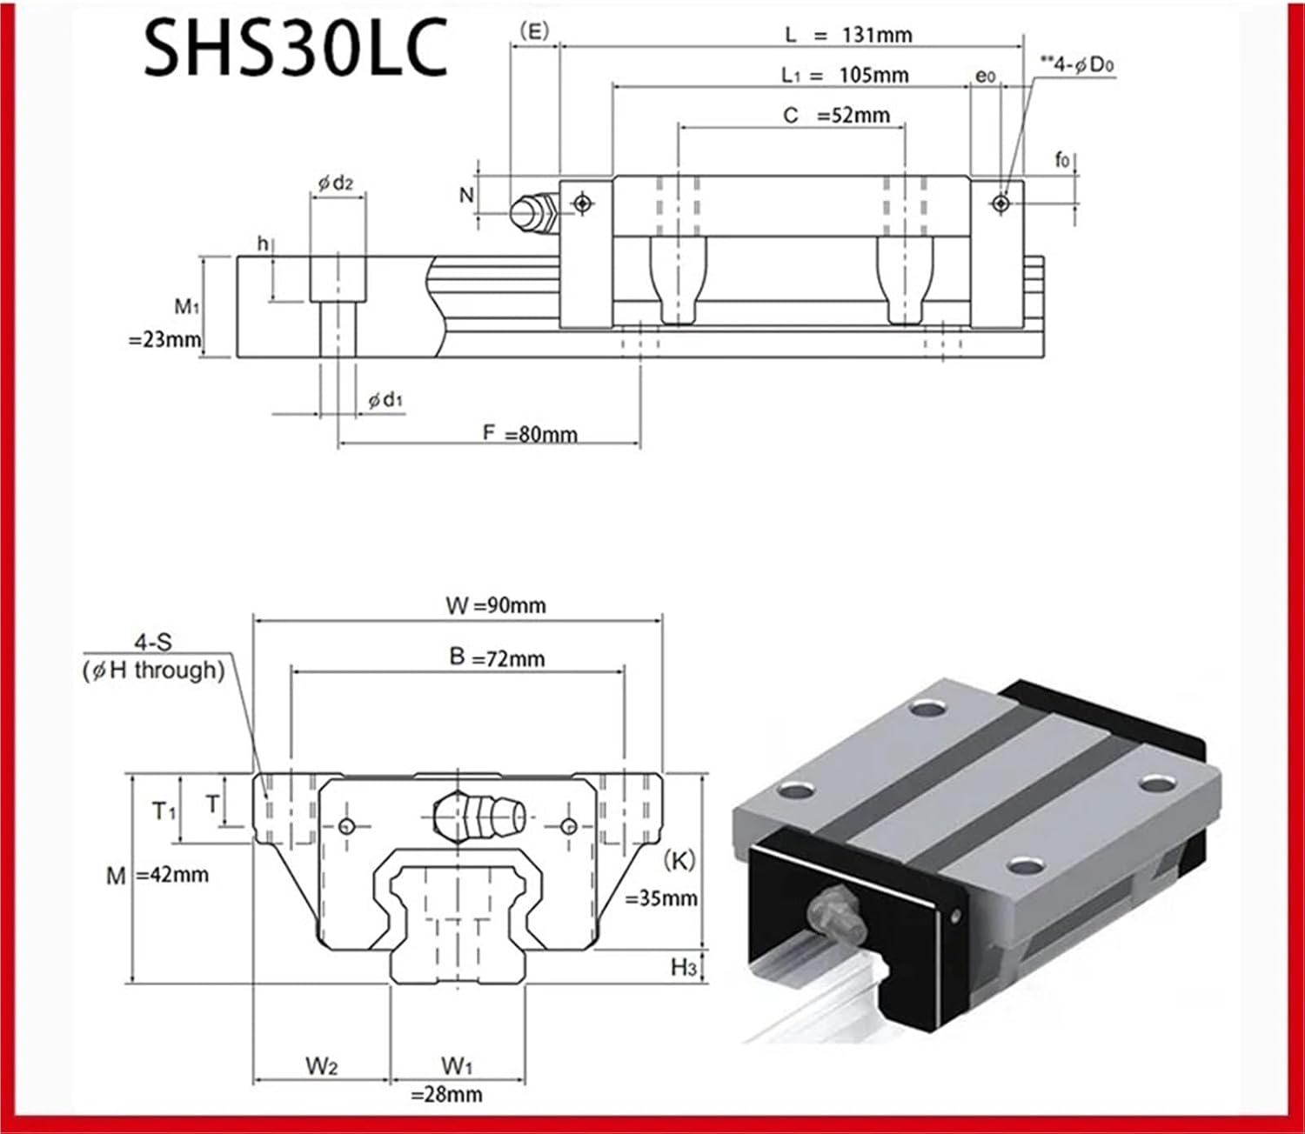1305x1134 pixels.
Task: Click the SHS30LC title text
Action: click(295, 49)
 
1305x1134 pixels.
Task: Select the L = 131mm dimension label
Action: click(848, 35)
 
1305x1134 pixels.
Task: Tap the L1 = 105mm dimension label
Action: click(845, 75)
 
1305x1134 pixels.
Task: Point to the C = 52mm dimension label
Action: click(836, 116)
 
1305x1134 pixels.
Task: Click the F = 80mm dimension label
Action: click(530, 434)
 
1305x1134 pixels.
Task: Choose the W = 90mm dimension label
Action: click(496, 605)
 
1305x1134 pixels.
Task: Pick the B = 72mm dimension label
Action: click(497, 657)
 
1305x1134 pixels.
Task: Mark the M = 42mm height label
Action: click(157, 875)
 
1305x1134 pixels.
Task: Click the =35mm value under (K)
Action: click(661, 898)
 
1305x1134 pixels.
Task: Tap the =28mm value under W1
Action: click(446, 1095)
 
